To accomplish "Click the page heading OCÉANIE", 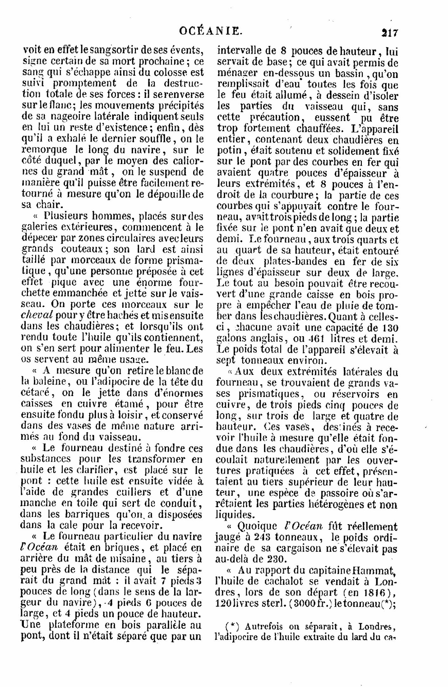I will [x=211, y=32].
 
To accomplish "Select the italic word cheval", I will [x=37, y=315].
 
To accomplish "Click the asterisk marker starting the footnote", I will [x=231, y=626].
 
